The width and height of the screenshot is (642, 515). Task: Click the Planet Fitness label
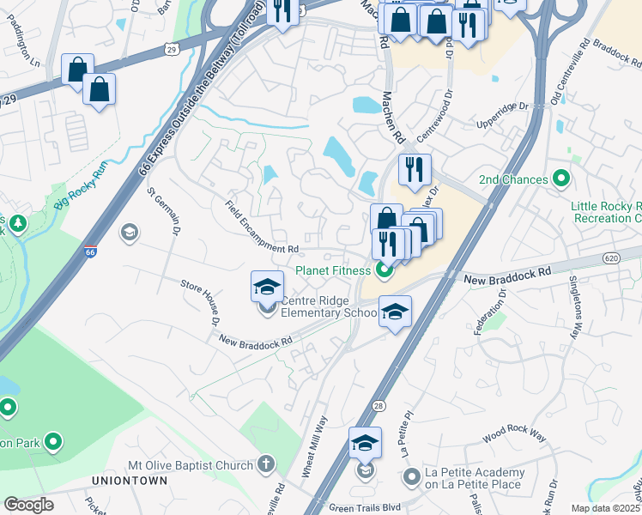[x=333, y=270]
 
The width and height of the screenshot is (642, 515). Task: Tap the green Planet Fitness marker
[x=383, y=271]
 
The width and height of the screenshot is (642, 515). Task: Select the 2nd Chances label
[x=512, y=179]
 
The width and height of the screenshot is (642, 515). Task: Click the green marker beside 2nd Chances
[x=561, y=179]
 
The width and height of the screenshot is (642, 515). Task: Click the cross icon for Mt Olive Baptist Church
[x=266, y=465]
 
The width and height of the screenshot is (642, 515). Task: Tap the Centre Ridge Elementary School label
[x=330, y=306]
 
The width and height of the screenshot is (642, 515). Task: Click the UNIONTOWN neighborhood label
[x=130, y=481]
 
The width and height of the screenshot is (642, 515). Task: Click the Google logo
[x=28, y=505]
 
